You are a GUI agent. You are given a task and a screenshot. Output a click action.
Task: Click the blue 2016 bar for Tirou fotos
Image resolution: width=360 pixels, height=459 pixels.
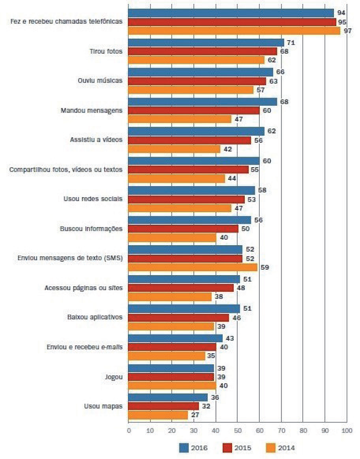click(206, 43)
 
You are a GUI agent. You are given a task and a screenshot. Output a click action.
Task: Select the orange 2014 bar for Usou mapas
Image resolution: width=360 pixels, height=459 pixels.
click(158, 415)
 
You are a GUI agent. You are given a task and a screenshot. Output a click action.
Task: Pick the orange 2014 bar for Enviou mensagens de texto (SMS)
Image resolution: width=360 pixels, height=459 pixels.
click(193, 267)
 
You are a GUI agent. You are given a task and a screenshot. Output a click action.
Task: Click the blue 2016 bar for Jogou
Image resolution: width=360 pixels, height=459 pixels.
click(171, 368)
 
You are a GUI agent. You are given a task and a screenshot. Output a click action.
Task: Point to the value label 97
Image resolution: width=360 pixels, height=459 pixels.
click(348, 31)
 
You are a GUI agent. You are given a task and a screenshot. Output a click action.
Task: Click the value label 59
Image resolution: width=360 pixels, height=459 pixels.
click(265, 267)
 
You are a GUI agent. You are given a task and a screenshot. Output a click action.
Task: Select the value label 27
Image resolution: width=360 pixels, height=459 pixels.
click(196, 415)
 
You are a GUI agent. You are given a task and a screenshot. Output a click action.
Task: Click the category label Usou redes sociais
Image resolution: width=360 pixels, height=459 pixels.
click(92, 199)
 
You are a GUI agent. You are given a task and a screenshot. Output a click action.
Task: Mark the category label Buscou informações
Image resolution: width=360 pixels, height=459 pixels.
click(91, 228)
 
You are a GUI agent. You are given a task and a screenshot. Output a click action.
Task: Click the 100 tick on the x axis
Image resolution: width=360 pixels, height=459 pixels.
click(347, 430)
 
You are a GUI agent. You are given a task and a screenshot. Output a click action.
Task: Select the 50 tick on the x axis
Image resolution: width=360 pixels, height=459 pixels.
click(238, 430)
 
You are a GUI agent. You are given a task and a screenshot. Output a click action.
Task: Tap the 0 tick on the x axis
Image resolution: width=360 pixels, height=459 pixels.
click(128, 430)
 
